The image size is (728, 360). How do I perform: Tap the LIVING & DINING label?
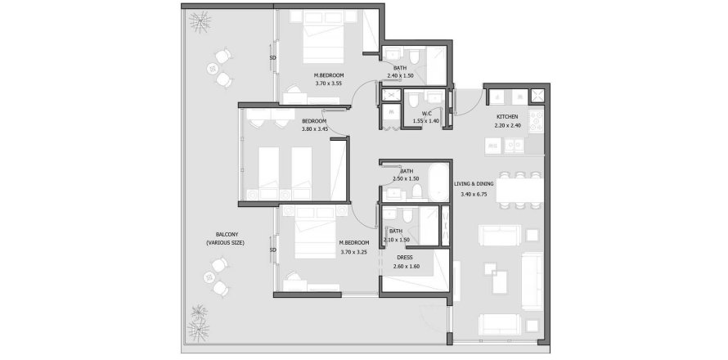475,185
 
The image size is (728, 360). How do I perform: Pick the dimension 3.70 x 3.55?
328,83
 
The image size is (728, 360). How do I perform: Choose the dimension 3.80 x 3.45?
314,128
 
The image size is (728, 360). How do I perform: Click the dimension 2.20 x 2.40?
507,126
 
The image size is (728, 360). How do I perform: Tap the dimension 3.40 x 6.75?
475,195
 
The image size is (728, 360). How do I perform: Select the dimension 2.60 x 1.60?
406,267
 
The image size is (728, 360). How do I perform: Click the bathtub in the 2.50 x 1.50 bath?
439,182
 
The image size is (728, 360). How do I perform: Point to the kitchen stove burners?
537,121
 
